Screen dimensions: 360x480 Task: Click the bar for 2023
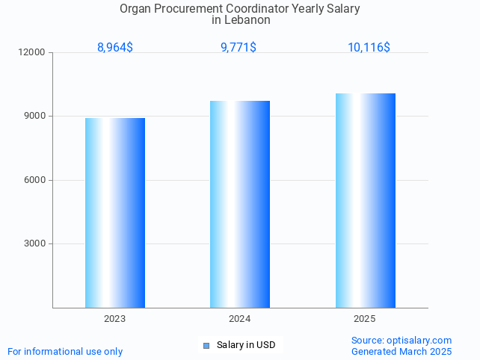(x=115, y=213)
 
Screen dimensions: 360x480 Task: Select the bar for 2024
(x=240, y=204)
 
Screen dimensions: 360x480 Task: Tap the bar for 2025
(x=365, y=200)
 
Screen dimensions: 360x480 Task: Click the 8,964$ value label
(x=115, y=48)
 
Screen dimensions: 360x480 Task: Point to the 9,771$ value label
(x=239, y=48)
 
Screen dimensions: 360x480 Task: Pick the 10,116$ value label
(x=369, y=48)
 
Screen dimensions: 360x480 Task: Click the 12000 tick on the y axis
(x=33, y=52)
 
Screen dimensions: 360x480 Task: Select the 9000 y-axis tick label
(x=35, y=117)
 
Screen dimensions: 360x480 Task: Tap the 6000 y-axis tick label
(x=35, y=180)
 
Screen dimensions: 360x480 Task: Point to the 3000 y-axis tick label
(x=35, y=243)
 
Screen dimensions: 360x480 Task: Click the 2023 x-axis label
(x=115, y=319)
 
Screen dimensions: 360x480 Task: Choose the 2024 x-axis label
(x=240, y=319)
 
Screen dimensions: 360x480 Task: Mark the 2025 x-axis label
(x=365, y=319)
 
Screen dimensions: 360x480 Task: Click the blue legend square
(x=206, y=345)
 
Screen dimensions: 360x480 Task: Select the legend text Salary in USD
(x=246, y=345)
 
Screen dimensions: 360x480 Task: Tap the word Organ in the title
(x=135, y=9)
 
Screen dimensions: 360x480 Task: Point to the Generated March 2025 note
(x=401, y=351)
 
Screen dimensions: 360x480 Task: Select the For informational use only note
(x=65, y=351)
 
